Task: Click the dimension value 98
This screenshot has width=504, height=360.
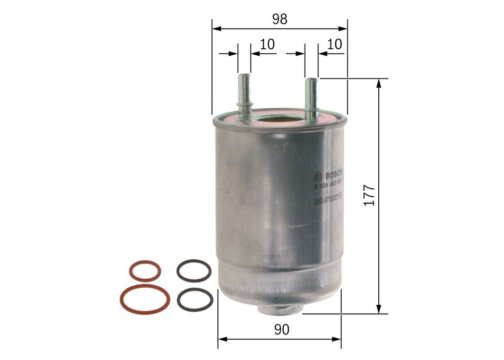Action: [280, 19]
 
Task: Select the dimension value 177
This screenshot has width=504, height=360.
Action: [369, 195]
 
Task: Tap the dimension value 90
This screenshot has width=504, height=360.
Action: [282, 330]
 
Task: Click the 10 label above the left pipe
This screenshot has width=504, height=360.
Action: [267, 45]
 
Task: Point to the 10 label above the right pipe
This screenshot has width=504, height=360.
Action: [334, 45]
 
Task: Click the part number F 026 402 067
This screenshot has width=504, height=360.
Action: [328, 185]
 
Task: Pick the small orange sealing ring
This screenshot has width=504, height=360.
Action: [145, 271]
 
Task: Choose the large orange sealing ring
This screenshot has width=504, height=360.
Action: [145, 299]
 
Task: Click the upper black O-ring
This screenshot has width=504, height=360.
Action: [194, 270]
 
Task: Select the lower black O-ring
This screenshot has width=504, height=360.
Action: [195, 299]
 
